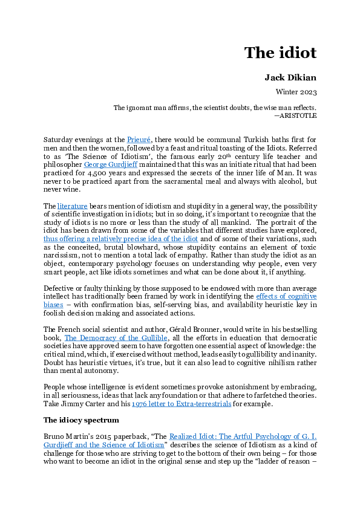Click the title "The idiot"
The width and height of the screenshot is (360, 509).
(x=280, y=53)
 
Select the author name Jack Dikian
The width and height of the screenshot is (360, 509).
(x=290, y=78)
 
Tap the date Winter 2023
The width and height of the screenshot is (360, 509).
(x=296, y=92)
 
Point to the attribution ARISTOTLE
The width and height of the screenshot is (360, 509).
(x=298, y=115)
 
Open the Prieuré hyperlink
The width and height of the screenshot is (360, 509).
(x=139, y=140)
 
